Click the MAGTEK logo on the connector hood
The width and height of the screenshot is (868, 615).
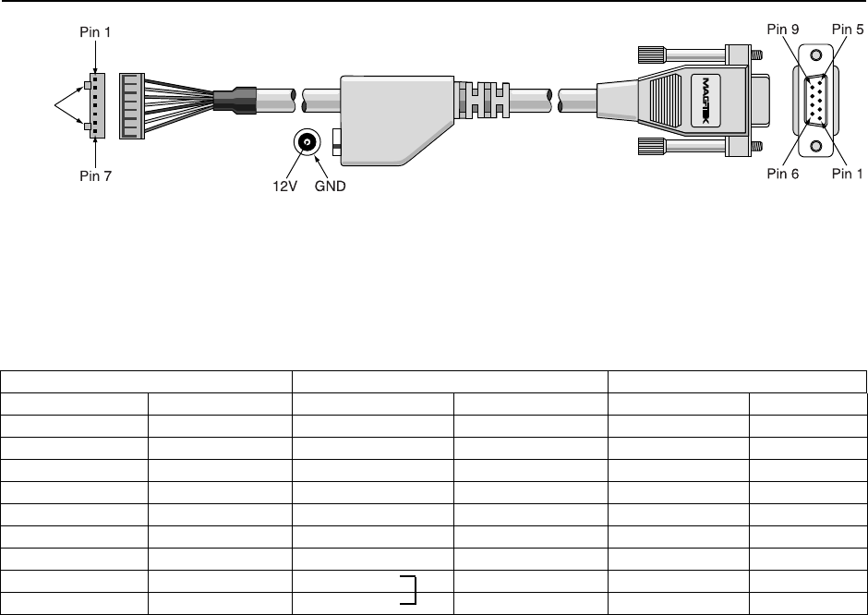click(x=706, y=101)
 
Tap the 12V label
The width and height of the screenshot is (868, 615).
click(x=284, y=187)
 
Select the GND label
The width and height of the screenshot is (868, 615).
click(x=331, y=187)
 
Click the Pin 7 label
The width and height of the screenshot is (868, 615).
click(x=96, y=176)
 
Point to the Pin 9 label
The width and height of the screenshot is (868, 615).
click(x=783, y=30)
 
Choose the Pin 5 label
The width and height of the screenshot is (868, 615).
click(x=848, y=30)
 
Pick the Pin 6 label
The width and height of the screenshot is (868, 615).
click(x=783, y=174)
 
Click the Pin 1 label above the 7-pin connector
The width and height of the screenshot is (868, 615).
click(x=96, y=32)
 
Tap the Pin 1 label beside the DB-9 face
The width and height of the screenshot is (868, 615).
click(x=848, y=174)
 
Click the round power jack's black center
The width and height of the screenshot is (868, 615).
click(x=307, y=142)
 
